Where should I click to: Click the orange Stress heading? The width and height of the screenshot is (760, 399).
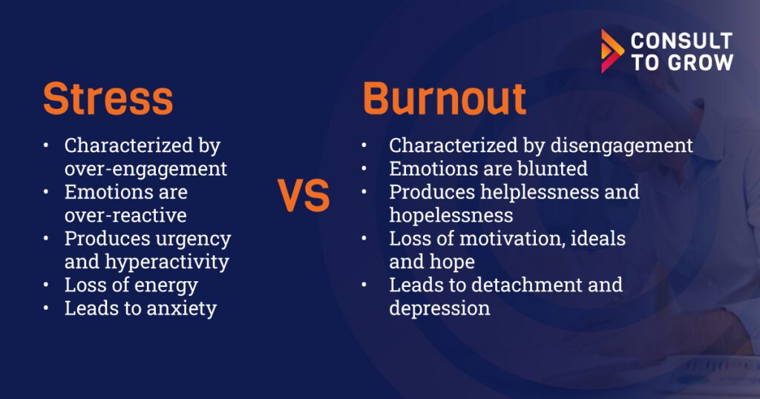click(x=108, y=99)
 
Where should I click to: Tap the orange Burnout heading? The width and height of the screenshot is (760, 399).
click(x=445, y=99)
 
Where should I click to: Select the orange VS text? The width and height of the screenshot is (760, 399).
click(x=304, y=195)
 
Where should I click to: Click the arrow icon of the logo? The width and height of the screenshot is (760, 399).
click(x=612, y=51)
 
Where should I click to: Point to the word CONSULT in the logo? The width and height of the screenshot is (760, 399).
click(x=681, y=41)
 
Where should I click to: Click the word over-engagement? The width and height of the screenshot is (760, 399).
click(x=145, y=169)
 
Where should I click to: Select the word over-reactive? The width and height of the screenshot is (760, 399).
click(x=125, y=216)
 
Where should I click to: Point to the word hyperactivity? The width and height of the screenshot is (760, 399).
click(x=167, y=262)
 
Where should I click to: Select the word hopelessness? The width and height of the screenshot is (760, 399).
click(x=451, y=216)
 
